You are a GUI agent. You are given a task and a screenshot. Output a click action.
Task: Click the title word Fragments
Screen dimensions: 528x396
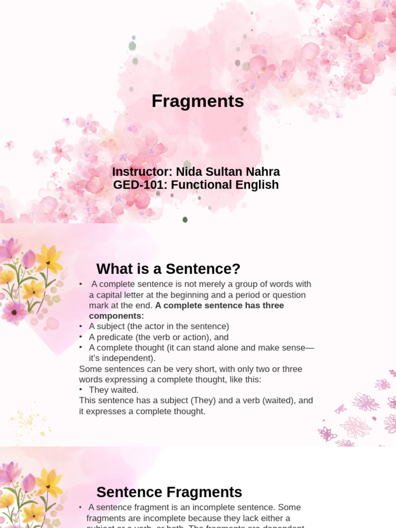tap(197, 102)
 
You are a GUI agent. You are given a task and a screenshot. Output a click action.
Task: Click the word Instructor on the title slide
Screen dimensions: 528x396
tap(137, 172)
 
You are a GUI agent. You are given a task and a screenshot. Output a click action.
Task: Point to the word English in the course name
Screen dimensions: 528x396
tap(255, 185)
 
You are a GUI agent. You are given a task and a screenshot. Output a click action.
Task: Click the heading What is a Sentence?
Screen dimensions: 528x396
tap(168, 269)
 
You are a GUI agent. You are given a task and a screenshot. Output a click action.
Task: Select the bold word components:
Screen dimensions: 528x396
tap(117, 316)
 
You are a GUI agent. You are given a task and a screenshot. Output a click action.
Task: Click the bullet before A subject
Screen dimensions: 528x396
tap(81, 326)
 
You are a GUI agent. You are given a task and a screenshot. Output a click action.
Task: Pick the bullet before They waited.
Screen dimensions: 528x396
tap(81, 390)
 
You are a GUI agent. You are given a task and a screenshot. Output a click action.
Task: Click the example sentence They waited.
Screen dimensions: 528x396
tap(113, 390)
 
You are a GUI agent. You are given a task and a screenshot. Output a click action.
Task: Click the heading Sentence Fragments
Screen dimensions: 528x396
tap(169, 492)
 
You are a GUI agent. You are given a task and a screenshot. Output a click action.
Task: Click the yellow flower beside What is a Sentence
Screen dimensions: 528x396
tap(48, 259)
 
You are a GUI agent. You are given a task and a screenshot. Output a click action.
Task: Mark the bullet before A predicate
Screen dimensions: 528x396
tap(81, 337)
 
